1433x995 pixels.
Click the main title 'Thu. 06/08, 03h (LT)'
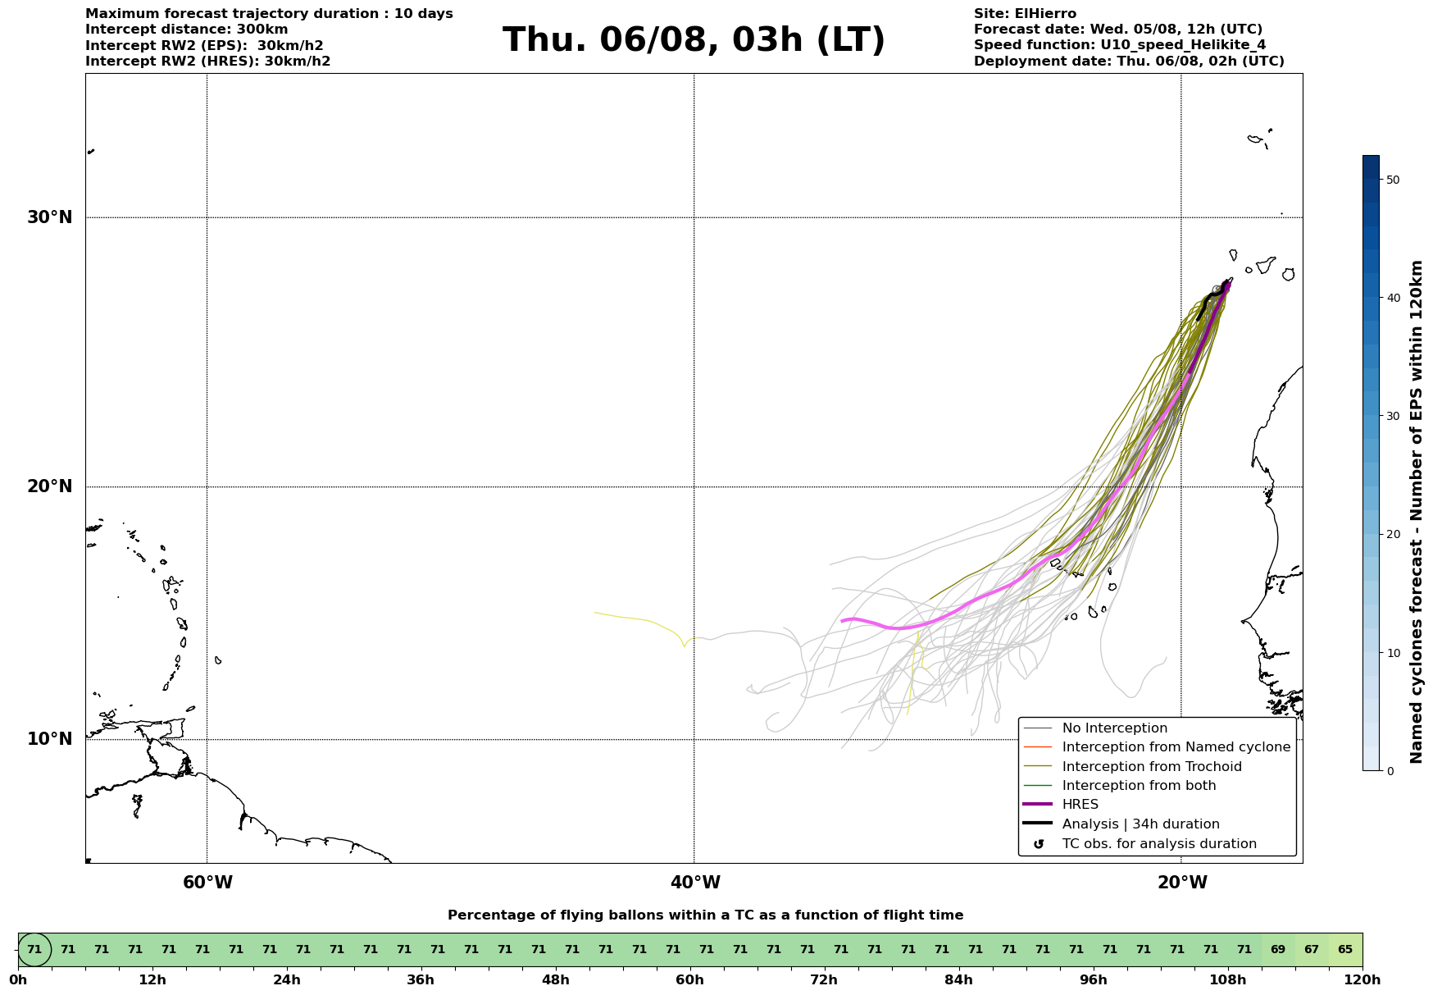tap(694, 40)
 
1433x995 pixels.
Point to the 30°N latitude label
tap(49, 217)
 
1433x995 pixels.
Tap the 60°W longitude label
tap(207, 883)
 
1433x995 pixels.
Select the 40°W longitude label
tap(695, 883)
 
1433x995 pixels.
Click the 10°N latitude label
tap(49, 739)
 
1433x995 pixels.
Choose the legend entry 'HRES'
tap(1080, 805)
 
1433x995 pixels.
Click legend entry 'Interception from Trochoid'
tap(1152, 767)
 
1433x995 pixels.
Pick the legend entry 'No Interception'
tap(1115, 728)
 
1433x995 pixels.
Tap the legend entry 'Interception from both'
tap(1140, 786)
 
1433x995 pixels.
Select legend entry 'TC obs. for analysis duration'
tap(1159, 844)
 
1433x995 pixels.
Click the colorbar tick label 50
tap(1392, 180)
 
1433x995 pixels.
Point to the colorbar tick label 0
tap(1389, 771)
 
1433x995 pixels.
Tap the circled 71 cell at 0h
tap(34, 950)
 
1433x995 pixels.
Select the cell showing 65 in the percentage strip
tap(1345, 950)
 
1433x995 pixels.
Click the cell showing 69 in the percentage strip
tap(1278, 950)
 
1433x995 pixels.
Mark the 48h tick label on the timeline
tap(556, 980)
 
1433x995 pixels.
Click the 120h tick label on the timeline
tap(1362, 980)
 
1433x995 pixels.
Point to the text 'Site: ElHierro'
tap(1025, 14)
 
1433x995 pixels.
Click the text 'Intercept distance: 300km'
tap(187, 30)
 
